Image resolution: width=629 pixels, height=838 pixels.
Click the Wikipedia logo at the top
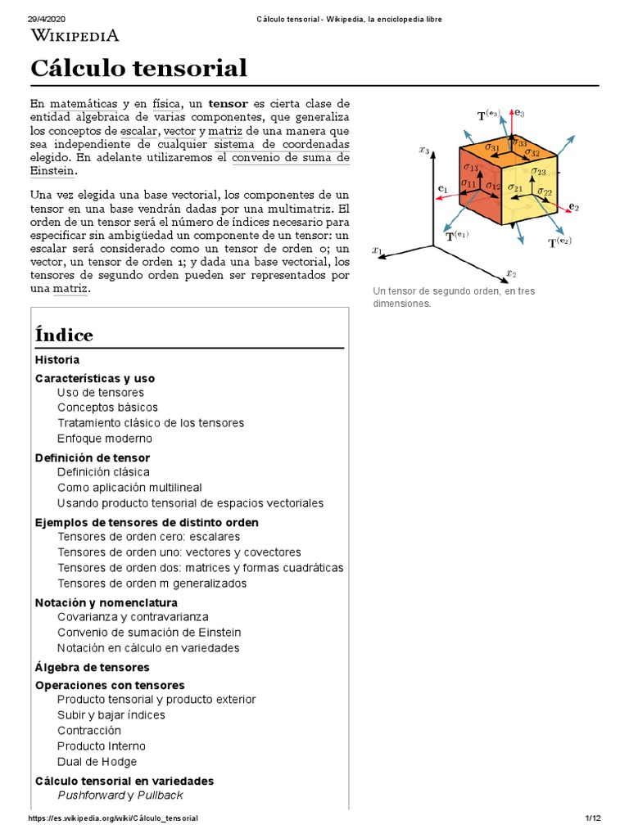(75, 34)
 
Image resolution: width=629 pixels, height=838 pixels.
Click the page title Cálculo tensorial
(138, 68)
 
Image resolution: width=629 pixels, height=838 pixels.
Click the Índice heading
(64, 335)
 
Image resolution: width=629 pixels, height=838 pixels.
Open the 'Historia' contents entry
(57, 359)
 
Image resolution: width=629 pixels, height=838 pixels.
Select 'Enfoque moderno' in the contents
(105, 439)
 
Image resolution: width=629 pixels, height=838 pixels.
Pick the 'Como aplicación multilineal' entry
(129, 488)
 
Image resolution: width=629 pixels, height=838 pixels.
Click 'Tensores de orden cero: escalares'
(149, 537)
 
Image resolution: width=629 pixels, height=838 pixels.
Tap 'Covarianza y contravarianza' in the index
(133, 616)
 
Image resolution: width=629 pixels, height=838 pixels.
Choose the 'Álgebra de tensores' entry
(93, 667)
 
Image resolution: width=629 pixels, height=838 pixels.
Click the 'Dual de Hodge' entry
(97, 762)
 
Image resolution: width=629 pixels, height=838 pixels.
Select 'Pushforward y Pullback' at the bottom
(120, 795)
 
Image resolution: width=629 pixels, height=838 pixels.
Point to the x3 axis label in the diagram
(423, 150)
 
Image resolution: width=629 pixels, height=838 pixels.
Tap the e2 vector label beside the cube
(573, 207)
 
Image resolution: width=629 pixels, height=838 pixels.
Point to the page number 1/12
(593, 818)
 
